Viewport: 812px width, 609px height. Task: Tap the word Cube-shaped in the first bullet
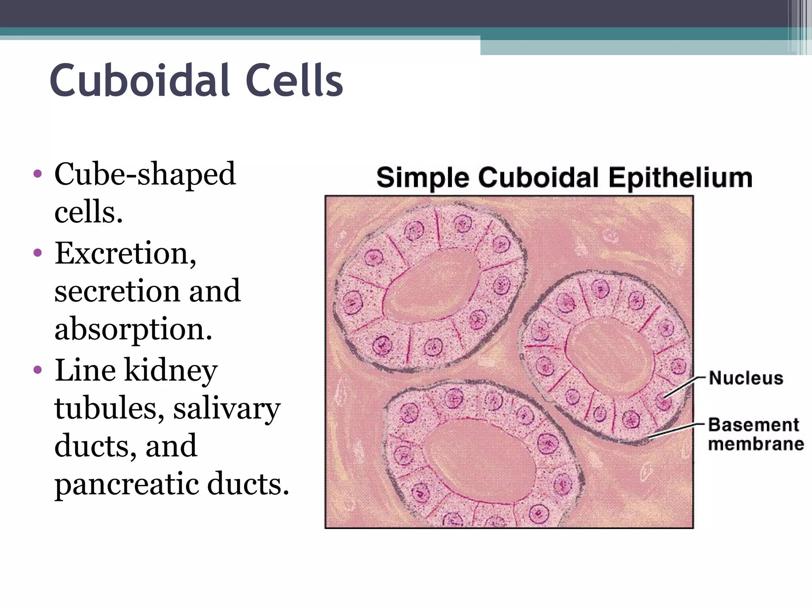click(145, 175)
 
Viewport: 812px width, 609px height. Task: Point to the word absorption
click(133, 329)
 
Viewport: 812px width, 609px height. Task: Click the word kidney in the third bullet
click(171, 371)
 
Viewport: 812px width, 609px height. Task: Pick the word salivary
click(227, 408)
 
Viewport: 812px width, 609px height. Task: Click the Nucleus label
click(746, 378)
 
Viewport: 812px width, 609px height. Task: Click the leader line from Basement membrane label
click(674, 430)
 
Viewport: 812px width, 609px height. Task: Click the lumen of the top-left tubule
click(432, 287)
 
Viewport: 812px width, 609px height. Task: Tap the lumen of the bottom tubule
click(482, 462)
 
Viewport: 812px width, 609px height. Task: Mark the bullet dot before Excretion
click(38, 253)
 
